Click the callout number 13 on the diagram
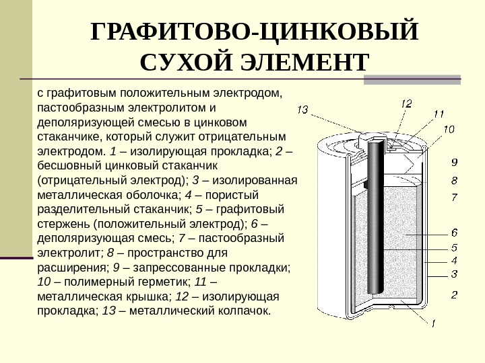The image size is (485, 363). (x=302, y=110)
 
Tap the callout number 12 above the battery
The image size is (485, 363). (x=407, y=104)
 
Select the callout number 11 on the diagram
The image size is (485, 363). (x=439, y=114)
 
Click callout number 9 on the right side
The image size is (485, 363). (x=454, y=162)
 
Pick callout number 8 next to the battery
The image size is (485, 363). (x=454, y=180)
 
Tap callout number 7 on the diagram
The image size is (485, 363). (x=454, y=198)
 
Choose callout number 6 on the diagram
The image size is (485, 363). (x=454, y=233)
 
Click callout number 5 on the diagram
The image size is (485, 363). (x=454, y=247)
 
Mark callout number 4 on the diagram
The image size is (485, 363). (x=454, y=260)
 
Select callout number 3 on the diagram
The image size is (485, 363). (x=454, y=274)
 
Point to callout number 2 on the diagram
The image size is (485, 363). (x=454, y=294)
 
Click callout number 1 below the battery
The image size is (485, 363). (x=433, y=323)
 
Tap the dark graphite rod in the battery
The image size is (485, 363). (x=374, y=222)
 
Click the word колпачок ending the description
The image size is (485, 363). (x=240, y=311)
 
